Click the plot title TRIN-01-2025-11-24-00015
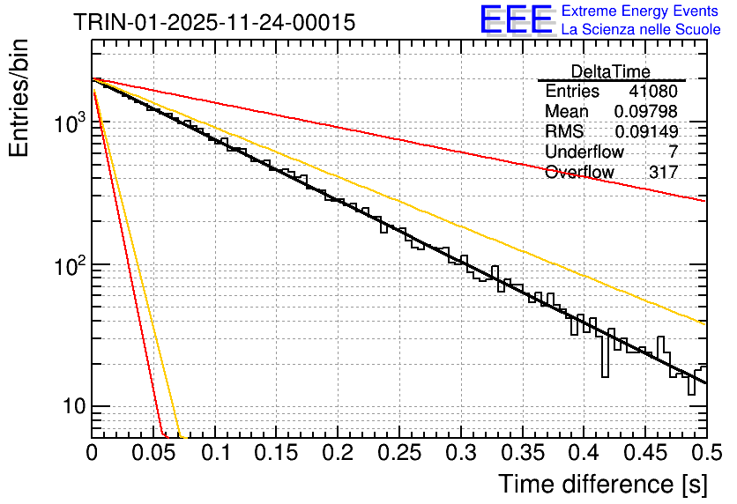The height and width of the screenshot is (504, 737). tap(214, 22)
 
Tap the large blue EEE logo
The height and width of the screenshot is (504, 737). tap(517, 19)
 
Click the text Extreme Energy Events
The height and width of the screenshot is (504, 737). tap(641, 11)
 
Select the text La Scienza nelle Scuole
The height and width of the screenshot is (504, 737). tap(641, 29)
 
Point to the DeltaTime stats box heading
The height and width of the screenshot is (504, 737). tap(611, 71)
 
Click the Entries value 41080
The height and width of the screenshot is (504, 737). tap(653, 92)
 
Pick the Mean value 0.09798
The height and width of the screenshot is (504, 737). tap(646, 112)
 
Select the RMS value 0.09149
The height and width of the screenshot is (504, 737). tap(646, 131)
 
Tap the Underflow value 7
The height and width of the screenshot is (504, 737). tap(673, 152)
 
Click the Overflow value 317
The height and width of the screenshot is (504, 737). tap(664, 172)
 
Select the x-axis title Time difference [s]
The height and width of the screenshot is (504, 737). tap(602, 484)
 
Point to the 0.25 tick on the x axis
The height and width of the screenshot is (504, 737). tap(399, 453)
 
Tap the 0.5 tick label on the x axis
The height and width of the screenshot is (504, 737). tap(706, 453)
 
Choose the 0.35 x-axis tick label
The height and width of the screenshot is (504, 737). tap(522, 453)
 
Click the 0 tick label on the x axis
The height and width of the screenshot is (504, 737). tap(92, 453)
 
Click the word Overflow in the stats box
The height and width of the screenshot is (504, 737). tap(579, 172)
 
